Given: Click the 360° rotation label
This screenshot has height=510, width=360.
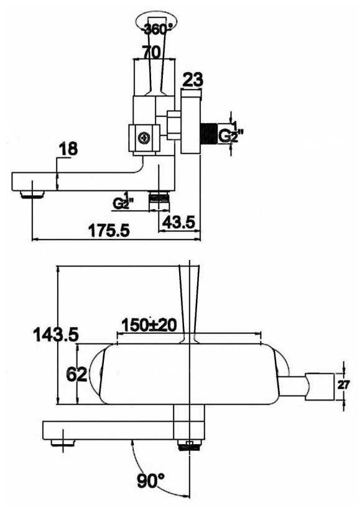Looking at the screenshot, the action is click(158, 29).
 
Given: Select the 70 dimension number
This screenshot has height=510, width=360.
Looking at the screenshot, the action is click(152, 52).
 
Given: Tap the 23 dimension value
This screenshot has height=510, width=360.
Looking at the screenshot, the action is click(193, 80).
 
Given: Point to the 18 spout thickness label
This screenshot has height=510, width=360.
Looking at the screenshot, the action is click(68, 149).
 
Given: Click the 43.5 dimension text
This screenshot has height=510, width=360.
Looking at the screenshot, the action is click(179, 222).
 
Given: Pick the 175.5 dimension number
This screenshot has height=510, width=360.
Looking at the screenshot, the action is click(109, 231).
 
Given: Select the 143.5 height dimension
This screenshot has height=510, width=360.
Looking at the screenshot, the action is click(56, 335).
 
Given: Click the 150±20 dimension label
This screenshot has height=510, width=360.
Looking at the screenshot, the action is click(149, 325).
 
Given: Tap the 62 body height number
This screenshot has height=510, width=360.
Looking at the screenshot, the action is click(76, 374).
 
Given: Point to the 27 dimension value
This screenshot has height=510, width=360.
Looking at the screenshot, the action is click(343, 385).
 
